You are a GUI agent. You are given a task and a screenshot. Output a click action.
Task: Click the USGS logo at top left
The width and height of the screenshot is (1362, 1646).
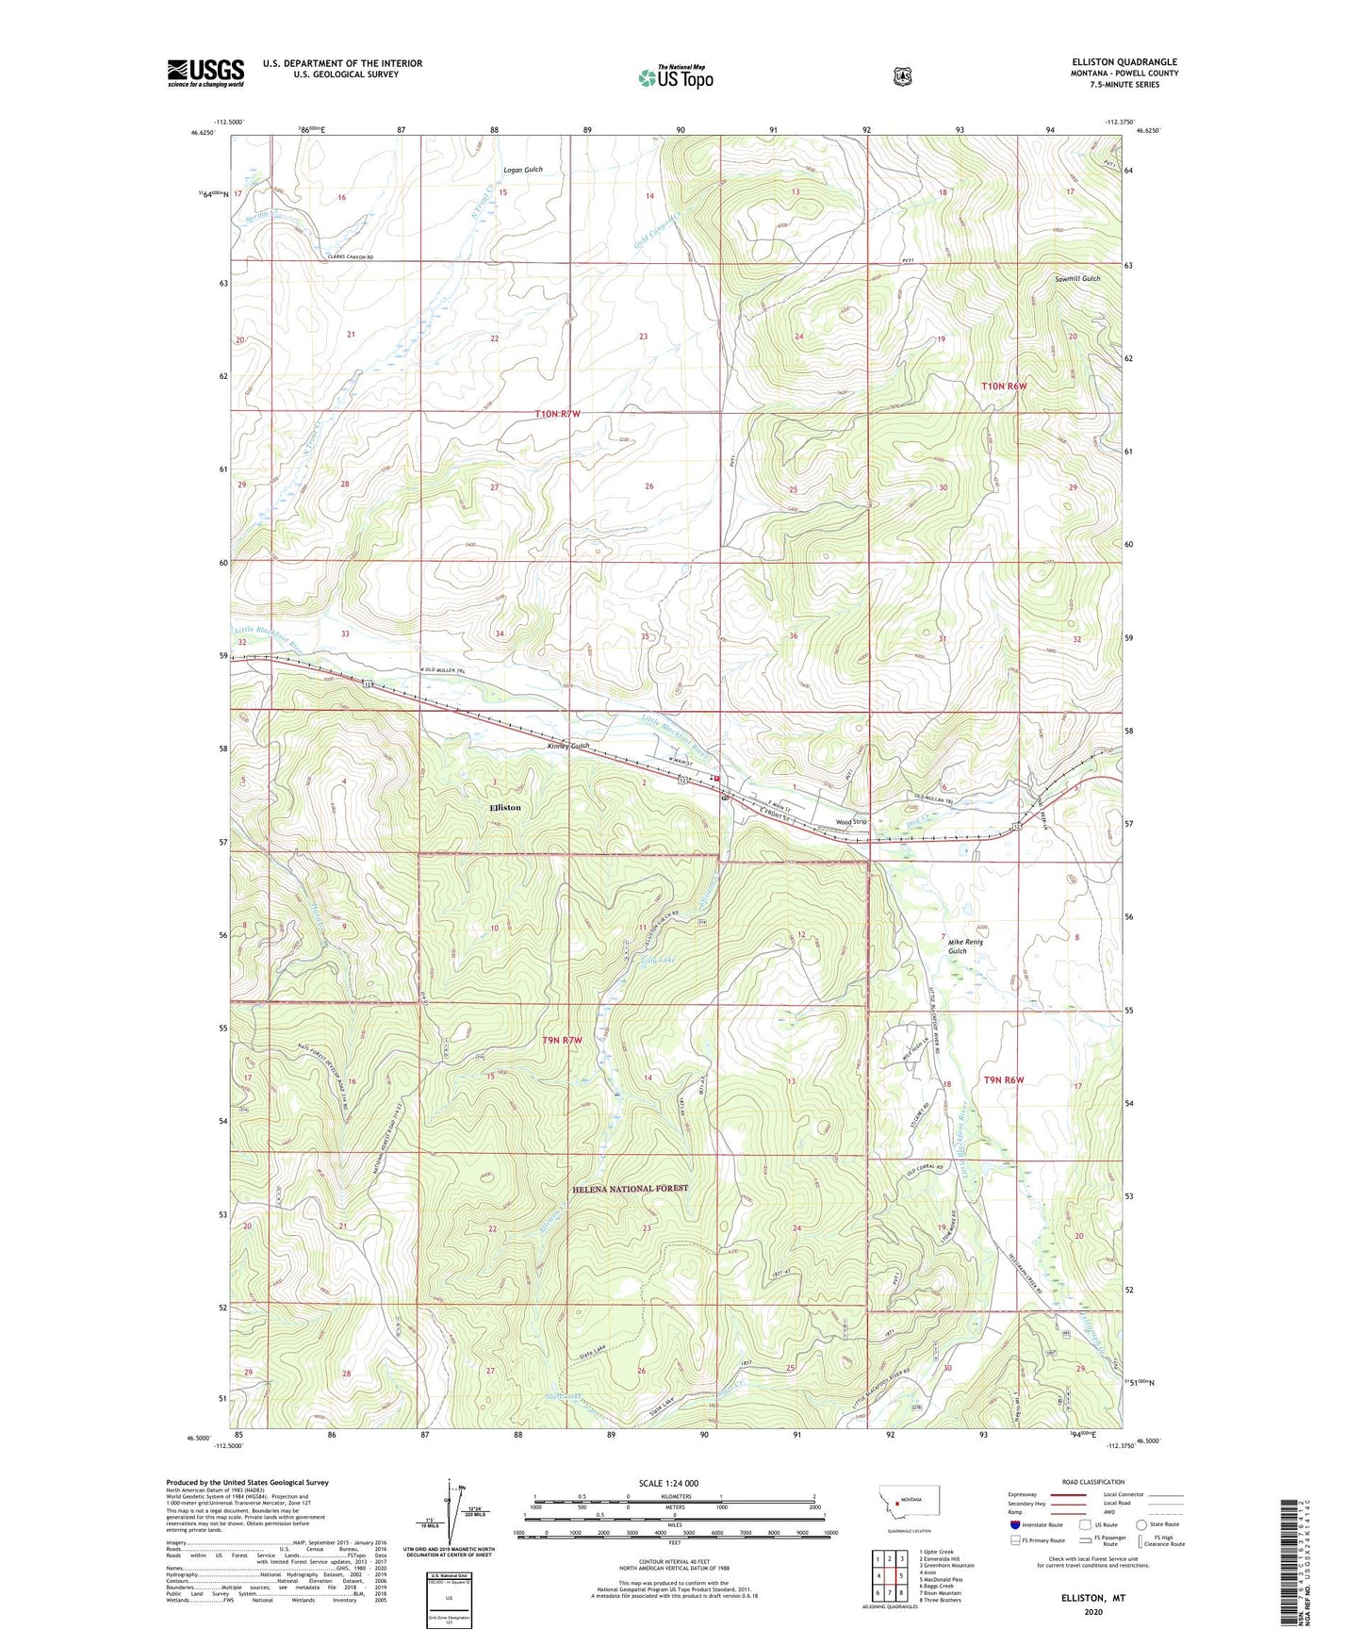click(205, 73)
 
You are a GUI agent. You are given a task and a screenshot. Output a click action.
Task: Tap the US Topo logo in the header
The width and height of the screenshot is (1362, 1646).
click(675, 76)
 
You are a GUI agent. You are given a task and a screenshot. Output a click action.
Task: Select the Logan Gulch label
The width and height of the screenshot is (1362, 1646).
click(523, 170)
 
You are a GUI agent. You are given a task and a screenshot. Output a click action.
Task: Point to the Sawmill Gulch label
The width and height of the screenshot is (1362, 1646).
click(1077, 279)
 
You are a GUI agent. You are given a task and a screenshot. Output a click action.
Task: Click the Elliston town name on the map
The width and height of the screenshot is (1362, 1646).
click(504, 808)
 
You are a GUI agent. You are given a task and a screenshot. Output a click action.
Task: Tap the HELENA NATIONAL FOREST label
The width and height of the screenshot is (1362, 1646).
click(630, 1189)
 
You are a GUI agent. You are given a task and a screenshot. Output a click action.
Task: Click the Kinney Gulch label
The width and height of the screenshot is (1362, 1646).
click(568, 746)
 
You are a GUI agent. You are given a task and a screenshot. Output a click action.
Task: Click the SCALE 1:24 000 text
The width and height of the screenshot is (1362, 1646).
click(668, 1483)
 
